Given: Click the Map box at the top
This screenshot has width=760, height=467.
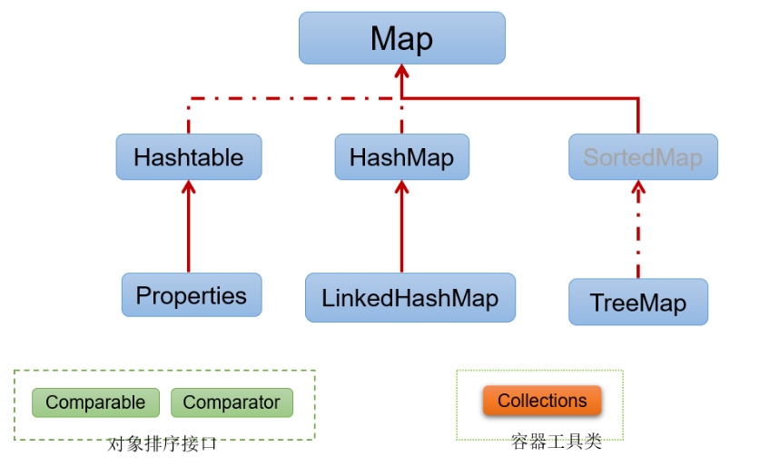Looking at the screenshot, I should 401,38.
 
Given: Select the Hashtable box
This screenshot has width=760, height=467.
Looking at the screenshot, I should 189,157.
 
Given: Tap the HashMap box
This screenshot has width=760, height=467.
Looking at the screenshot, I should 401,157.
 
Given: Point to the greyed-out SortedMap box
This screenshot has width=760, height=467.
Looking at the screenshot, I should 643,157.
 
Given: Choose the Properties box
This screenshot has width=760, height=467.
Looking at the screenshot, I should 192,295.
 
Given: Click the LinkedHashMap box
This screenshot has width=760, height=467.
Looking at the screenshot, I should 410,298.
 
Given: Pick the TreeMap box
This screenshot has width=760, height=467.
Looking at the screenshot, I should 637,303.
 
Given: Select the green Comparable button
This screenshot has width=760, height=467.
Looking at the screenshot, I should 95,402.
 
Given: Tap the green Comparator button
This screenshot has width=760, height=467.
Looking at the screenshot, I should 232,402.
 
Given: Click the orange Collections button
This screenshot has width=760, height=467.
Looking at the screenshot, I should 542,401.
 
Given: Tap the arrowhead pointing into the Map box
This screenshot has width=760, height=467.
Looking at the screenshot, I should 401,72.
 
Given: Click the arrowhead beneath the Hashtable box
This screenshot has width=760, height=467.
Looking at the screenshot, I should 189,187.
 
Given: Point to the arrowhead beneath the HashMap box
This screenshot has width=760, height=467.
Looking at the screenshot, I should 401,187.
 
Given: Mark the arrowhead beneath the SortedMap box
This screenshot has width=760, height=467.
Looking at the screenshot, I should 638,188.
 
